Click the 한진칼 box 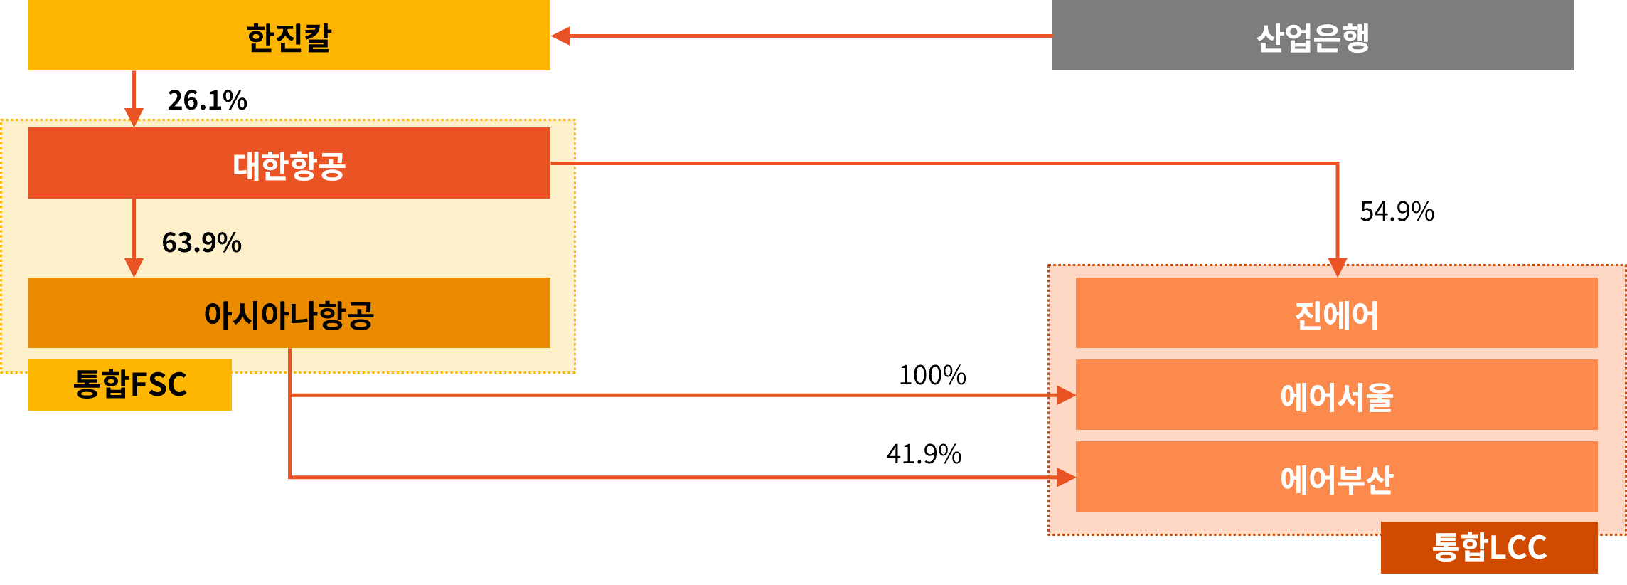coord(289,36)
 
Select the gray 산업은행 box coord(1313,36)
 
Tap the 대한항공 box coord(289,163)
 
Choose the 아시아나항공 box coord(289,313)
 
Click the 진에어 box coord(1336,313)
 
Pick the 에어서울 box coord(1336,395)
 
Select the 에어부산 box coord(1336,477)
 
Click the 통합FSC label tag coord(130,384)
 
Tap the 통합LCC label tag coord(1488,547)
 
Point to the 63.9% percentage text coord(201,243)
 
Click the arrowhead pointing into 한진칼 coord(561,36)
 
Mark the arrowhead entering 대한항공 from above coord(134,117)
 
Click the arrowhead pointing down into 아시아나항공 coord(134,268)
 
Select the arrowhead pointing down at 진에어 coord(1338,268)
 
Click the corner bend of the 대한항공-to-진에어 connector coord(1338,164)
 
